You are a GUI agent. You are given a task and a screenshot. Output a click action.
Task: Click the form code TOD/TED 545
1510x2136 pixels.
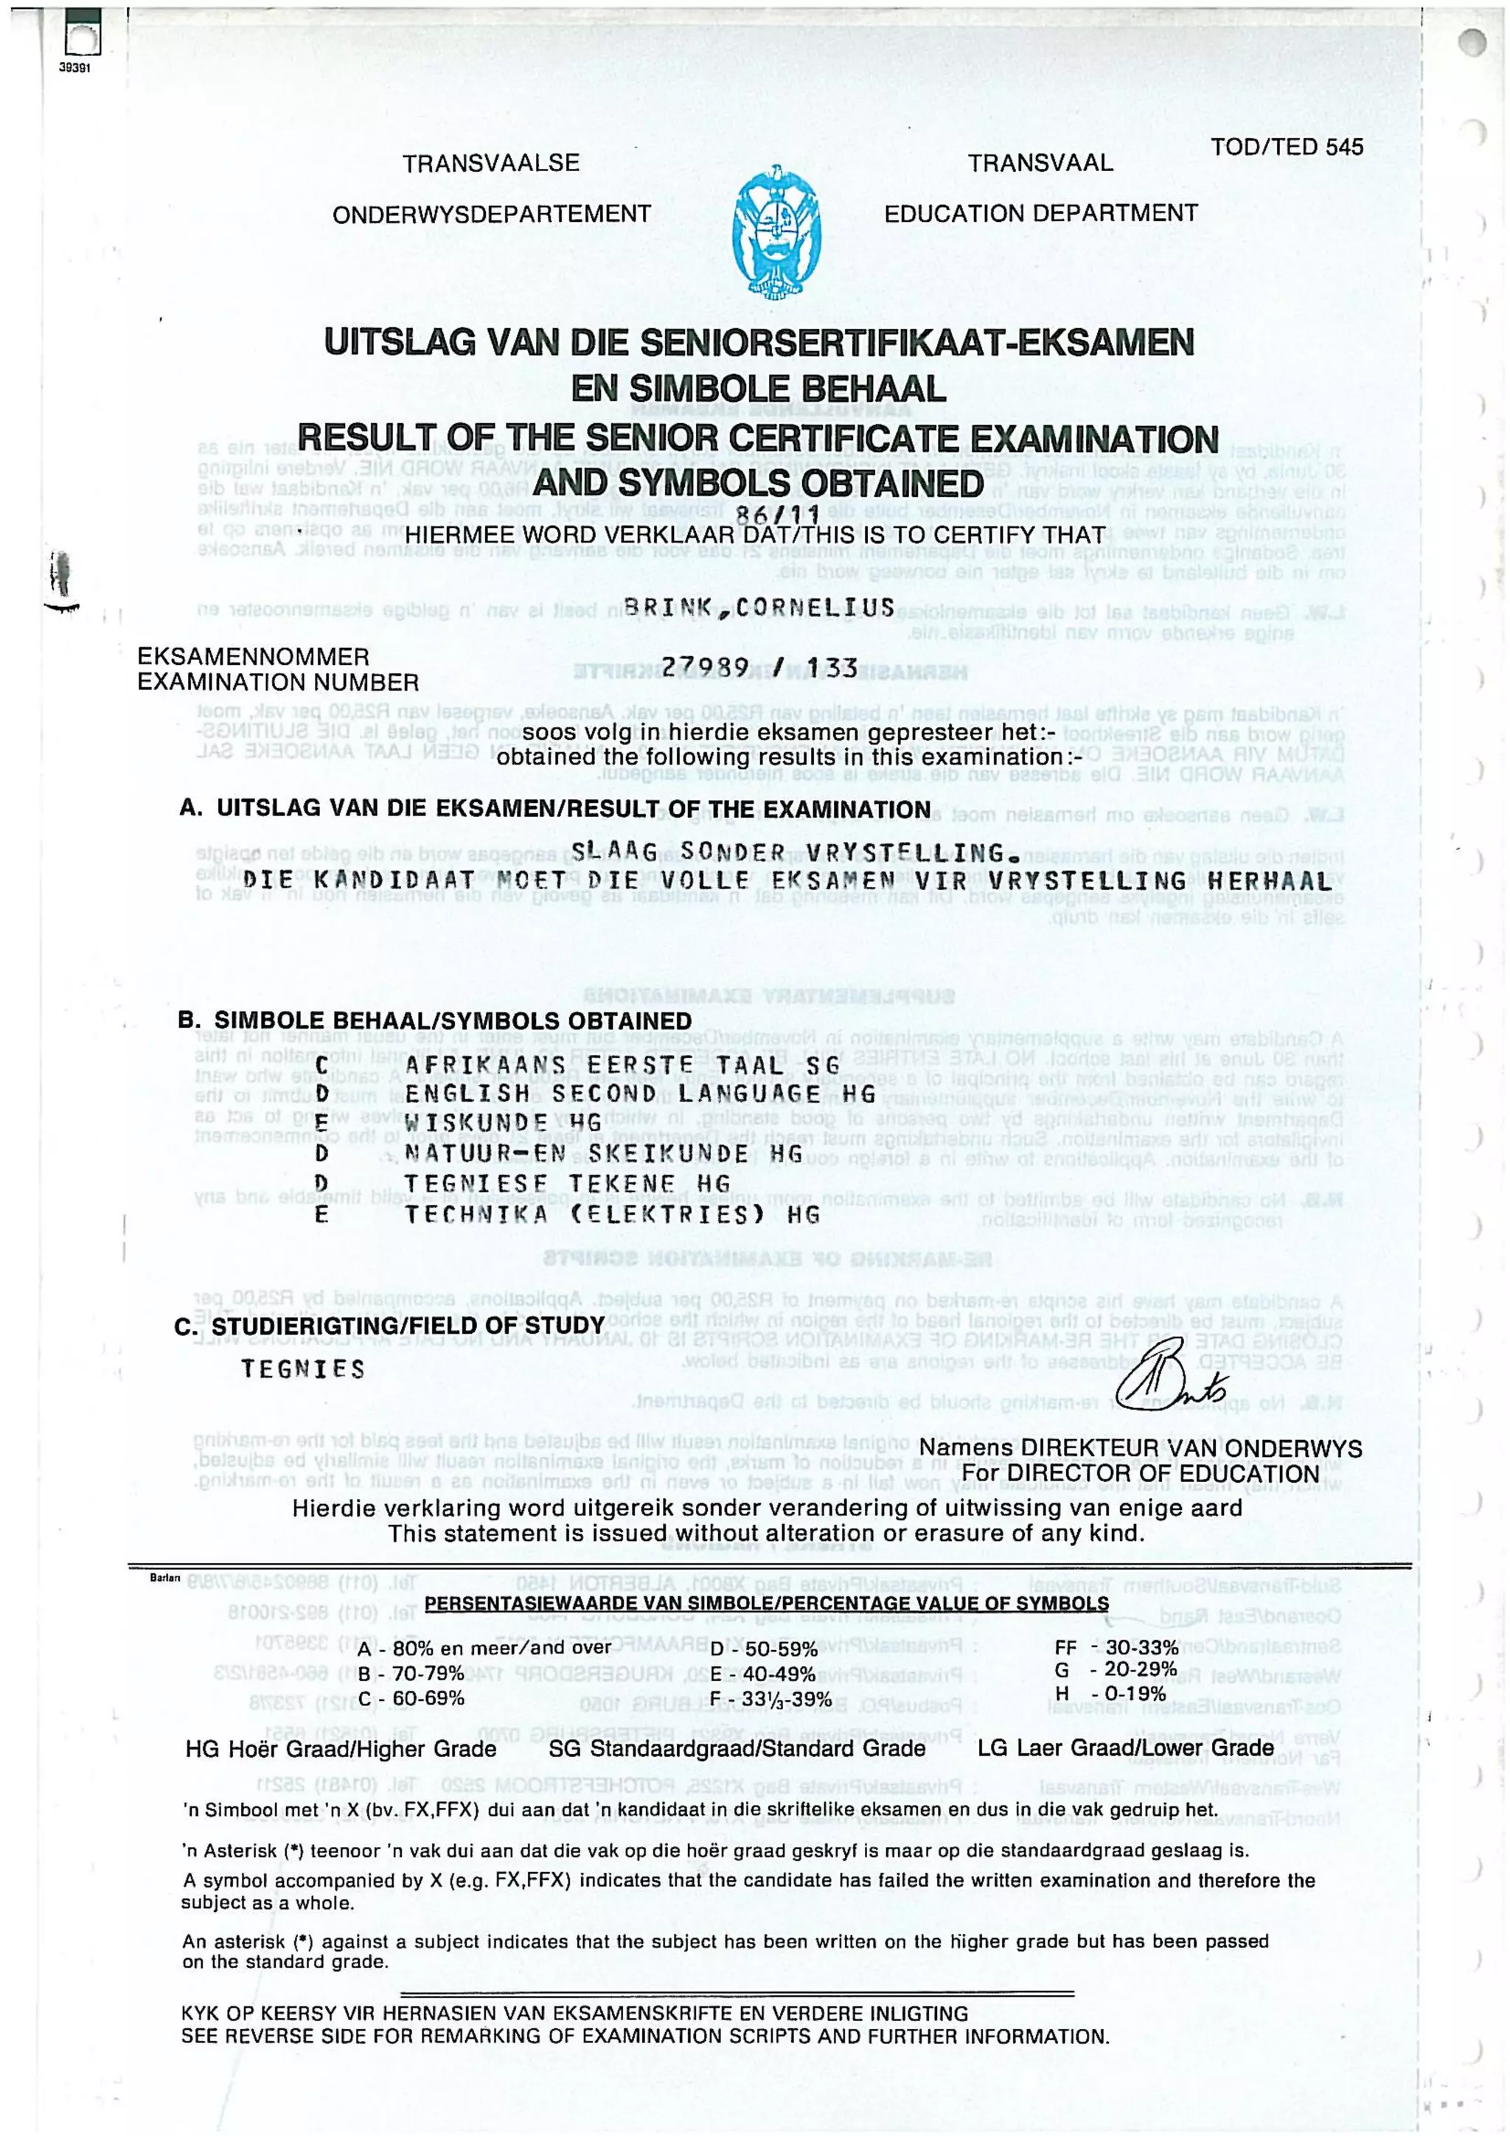pyautogui.click(x=1287, y=147)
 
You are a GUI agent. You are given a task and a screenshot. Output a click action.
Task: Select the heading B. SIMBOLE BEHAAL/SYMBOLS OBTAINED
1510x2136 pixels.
pyautogui.click(x=434, y=1020)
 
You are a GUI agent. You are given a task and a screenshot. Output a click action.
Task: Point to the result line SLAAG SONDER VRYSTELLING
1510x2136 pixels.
pyautogui.click(x=788, y=852)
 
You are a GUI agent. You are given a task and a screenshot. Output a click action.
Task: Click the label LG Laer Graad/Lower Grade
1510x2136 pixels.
pyautogui.click(x=1126, y=1748)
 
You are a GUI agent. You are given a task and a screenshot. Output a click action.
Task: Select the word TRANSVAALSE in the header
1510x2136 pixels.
pyautogui.click(x=490, y=164)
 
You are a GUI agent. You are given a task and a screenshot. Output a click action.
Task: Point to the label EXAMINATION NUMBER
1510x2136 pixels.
pyautogui.click(x=278, y=682)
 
